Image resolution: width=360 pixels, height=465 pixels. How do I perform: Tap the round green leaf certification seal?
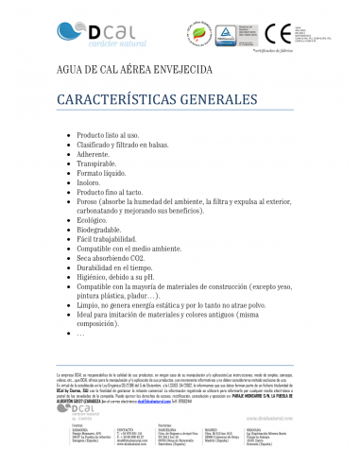pyautogui.click(x=199, y=33)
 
